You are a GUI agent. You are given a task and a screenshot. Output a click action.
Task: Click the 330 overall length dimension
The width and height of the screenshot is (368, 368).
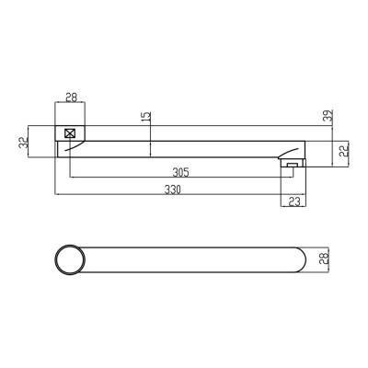pos(172,190)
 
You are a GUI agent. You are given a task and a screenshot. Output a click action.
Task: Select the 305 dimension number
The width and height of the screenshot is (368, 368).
pos(180,173)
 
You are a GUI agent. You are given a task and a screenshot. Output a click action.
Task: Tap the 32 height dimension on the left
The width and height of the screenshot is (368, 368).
pos(23,143)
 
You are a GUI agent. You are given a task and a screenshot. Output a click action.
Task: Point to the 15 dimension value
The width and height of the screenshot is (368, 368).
pos(147,116)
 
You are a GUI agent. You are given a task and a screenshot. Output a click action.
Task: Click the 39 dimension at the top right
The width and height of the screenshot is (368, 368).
pos(328,116)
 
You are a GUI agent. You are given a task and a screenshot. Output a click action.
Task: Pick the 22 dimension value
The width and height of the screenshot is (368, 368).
pos(345,151)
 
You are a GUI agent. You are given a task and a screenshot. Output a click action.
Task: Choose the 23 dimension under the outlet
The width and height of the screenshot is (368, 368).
pos(294,201)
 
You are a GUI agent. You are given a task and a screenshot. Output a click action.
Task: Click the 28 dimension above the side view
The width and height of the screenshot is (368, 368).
pos(71,98)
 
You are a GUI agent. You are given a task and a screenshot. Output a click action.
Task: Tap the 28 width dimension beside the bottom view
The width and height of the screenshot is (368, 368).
pos(324,259)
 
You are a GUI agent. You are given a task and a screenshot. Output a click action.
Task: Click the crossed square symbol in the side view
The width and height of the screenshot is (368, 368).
pos(70,133)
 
